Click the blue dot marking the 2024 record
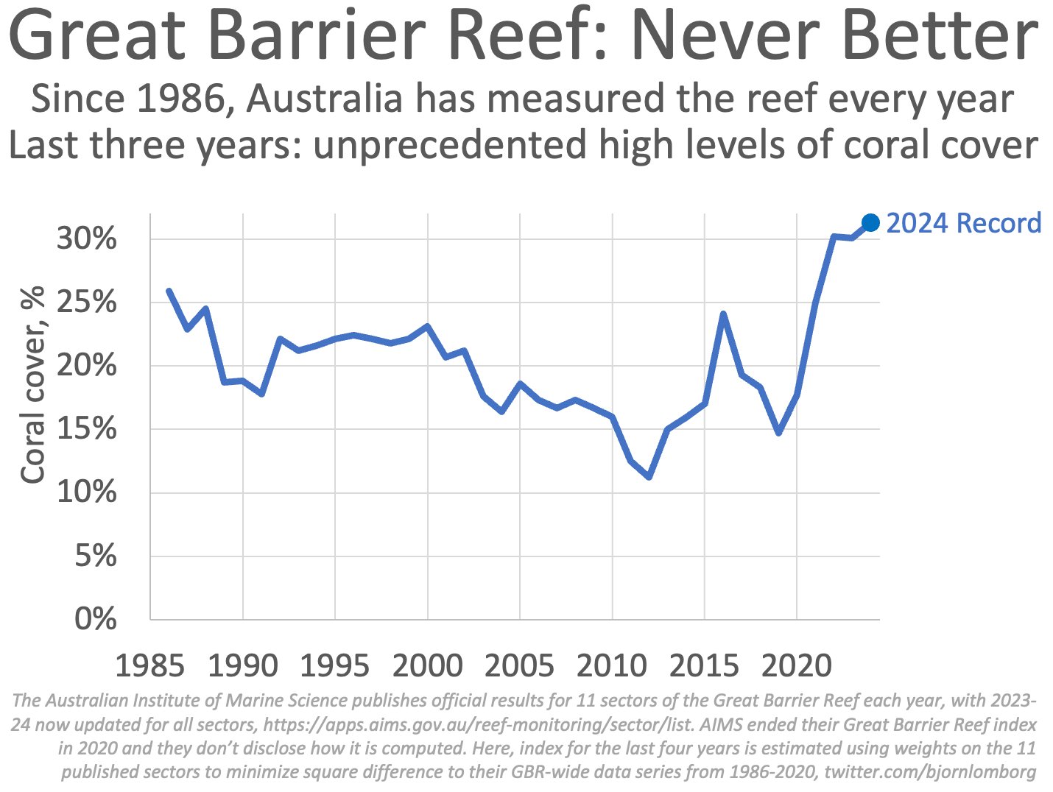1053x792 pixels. [870, 222]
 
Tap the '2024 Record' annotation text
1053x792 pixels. [963, 223]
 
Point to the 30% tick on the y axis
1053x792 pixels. [86, 239]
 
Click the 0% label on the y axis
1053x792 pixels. [95, 619]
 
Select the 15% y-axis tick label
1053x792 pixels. [86, 429]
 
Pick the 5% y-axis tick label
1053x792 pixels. [95, 556]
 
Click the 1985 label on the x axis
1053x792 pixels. [149, 665]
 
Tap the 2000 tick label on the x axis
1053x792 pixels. [427, 665]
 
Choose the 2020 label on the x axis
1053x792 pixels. [796, 665]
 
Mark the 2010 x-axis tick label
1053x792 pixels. [611, 665]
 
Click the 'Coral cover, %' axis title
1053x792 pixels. [33, 385]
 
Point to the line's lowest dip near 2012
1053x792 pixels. [649, 477]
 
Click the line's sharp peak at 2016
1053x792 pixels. [723, 314]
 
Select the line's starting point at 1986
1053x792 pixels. [169, 291]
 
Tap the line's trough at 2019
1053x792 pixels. [778, 433]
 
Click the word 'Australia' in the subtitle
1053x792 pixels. [324, 99]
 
